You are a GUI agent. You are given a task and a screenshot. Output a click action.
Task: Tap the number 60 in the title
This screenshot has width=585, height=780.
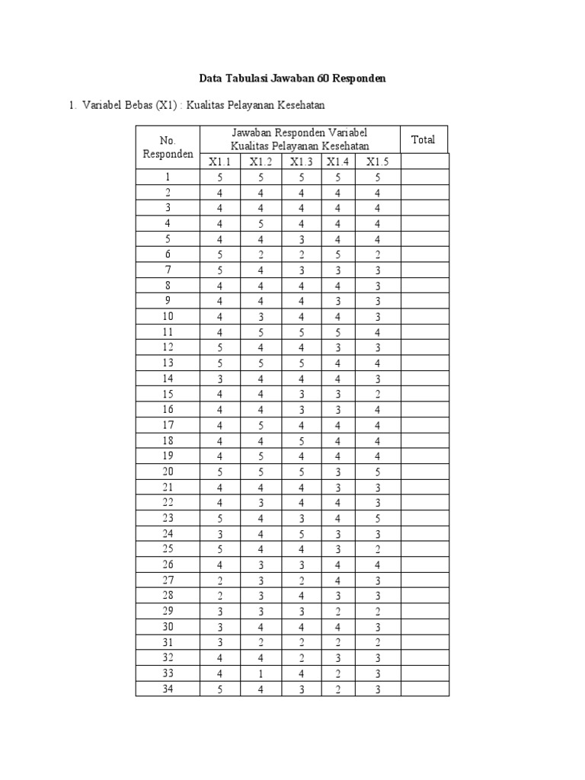(x=321, y=78)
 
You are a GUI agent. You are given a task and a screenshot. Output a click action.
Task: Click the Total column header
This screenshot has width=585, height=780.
(x=423, y=139)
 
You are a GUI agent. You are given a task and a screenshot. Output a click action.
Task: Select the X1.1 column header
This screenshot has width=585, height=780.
(x=219, y=161)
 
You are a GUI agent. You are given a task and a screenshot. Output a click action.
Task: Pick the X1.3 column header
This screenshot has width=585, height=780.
(x=301, y=161)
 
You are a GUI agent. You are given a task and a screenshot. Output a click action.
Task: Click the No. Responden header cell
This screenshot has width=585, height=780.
(x=168, y=147)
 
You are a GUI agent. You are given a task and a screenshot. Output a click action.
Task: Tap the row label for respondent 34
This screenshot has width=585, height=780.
(x=168, y=689)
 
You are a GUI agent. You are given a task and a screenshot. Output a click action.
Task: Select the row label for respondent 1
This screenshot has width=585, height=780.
(x=168, y=177)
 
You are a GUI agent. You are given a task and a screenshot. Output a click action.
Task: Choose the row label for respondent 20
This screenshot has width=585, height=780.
(x=168, y=472)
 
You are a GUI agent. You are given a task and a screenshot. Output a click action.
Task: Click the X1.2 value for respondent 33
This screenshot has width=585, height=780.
(x=261, y=673)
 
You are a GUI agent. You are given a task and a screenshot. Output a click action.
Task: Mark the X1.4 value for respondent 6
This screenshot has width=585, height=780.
(x=337, y=254)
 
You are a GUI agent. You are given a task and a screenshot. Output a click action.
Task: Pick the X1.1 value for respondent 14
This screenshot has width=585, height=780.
(x=219, y=379)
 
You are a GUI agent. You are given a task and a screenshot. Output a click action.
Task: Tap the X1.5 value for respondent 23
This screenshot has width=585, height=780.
(x=377, y=518)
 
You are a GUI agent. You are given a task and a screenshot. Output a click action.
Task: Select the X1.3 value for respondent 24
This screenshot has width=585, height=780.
(x=301, y=534)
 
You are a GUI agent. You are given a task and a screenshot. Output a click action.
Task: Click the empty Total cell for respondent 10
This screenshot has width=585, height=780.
(x=424, y=317)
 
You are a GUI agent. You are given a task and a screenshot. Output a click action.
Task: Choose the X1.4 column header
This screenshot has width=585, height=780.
(x=337, y=161)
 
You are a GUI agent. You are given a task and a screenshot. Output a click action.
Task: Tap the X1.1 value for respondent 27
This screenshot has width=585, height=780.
(x=219, y=580)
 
